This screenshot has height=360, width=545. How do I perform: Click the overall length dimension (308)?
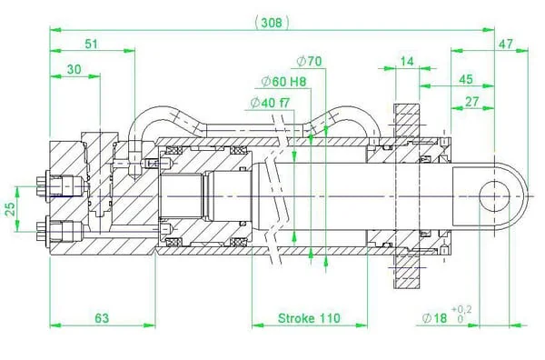click(x=272, y=23)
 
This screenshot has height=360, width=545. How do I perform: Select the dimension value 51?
click(x=92, y=45)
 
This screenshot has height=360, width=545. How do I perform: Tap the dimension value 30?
click(x=74, y=70)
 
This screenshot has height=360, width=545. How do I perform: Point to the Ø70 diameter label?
click(x=309, y=61)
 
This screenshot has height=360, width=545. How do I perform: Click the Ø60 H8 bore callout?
click(x=284, y=82)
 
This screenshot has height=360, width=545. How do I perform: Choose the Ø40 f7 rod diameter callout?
click(x=270, y=103)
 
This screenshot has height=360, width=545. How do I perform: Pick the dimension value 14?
click(x=407, y=62)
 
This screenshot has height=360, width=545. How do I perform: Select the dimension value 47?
click(x=506, y=45)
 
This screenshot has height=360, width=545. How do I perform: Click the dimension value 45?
click(x=466, y=79)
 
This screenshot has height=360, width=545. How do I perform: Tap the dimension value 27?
click(x=471, y=102)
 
